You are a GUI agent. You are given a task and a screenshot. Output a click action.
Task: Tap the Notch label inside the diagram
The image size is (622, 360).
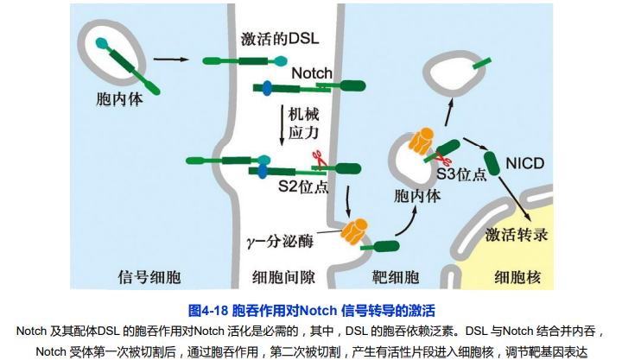click(x=311, y=73)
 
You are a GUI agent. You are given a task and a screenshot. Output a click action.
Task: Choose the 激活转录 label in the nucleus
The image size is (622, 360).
click(x=517, y=234)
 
